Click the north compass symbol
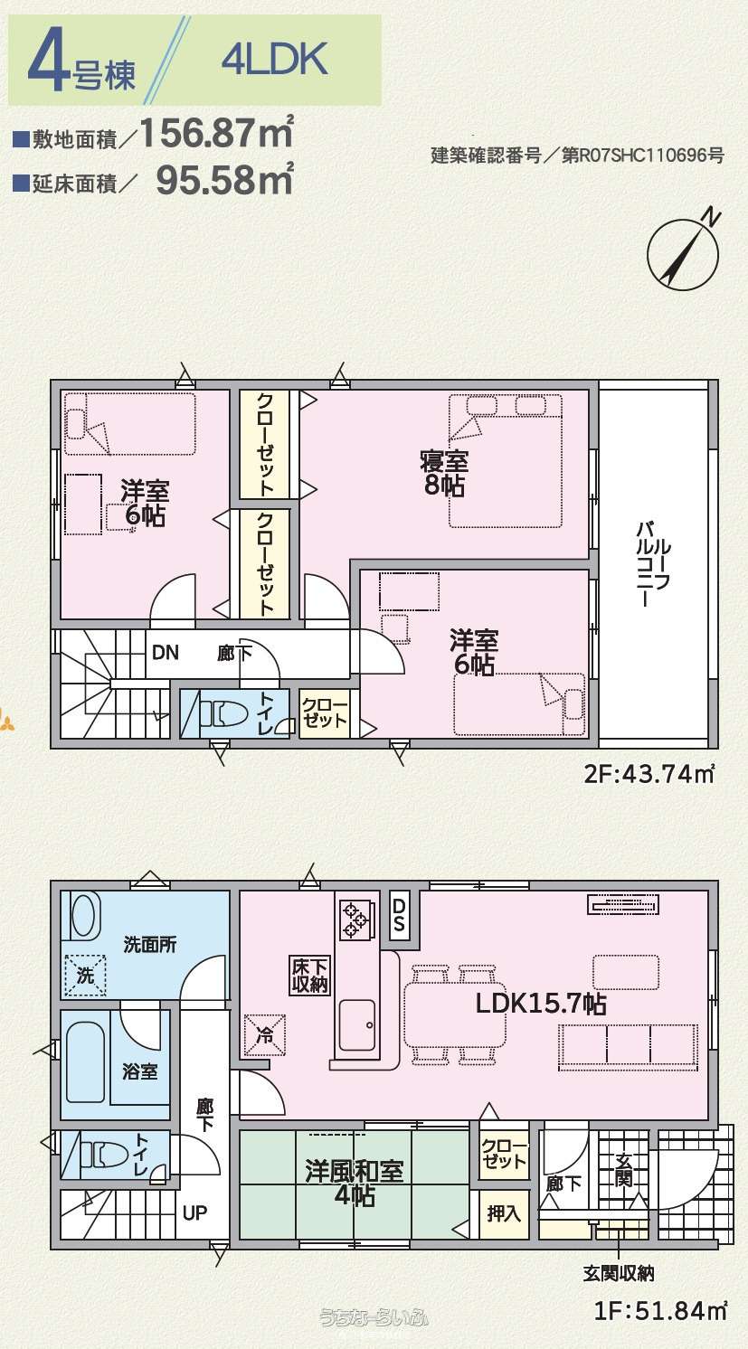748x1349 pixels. [683, 253]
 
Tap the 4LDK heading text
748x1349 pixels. [275, 59]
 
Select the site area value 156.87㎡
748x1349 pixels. [217, 133]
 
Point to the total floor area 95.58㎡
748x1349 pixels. [224, 179]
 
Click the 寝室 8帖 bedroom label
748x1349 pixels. [444, 474]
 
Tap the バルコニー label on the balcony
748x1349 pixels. [653, 564]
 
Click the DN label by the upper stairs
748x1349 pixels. [165, 652]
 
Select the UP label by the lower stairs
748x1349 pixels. [194, 1212]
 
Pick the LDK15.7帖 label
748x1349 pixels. [541, 1004]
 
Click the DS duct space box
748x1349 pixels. [399, 915]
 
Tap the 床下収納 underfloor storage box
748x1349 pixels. [309, 975]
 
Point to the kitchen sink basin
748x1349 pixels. [357, 1024]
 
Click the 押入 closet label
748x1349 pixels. [504, 1212]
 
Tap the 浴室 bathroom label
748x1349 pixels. [139, 1071]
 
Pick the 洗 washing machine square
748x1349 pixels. [85, 975]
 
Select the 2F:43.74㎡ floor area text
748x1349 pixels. [649, 773]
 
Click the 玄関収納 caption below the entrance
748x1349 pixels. [619, 1273]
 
